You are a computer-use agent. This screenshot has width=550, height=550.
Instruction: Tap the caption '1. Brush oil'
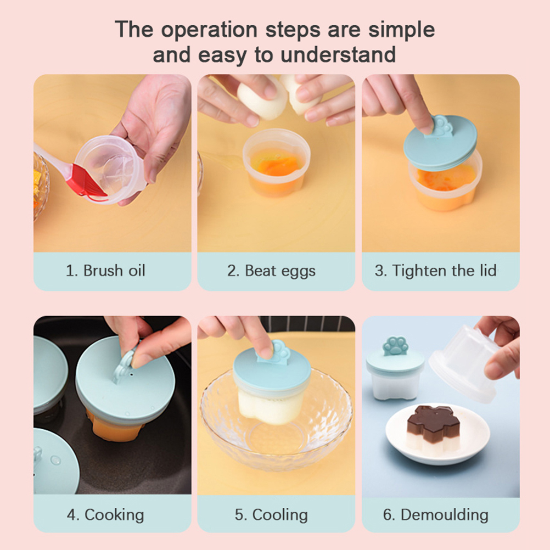(105, 271)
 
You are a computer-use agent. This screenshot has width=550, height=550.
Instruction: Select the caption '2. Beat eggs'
(271, 271)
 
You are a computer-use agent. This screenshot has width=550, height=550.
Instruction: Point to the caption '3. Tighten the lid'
(435, 271)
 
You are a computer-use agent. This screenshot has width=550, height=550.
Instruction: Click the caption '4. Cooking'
(105, 515)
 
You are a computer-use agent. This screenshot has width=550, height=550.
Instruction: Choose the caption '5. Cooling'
(271, 515)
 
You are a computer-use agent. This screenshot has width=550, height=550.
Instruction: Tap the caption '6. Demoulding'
(436, 515)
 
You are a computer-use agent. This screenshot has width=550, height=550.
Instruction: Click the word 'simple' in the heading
(401, 30)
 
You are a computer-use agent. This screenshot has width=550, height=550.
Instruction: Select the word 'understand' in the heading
(338, 55)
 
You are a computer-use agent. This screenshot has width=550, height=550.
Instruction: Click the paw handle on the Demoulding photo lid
(396, 345)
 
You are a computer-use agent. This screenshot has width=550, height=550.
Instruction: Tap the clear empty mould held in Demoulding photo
(467, 363)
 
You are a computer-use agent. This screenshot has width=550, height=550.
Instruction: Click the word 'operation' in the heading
(210, 30)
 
